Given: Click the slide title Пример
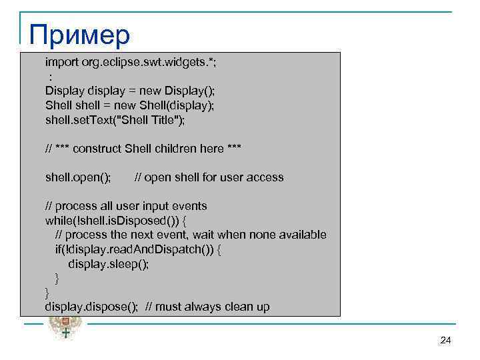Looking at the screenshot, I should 80,35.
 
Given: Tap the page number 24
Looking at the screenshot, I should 446,341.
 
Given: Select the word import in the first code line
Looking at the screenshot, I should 60,62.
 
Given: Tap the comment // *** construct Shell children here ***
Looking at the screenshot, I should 143,149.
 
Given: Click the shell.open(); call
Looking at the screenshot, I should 78,177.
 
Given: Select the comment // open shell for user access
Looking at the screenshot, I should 209,177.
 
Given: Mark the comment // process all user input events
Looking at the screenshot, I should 126,206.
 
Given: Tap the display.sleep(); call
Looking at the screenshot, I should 108,264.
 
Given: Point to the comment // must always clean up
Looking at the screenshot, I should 208,307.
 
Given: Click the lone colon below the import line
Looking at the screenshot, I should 51,77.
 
